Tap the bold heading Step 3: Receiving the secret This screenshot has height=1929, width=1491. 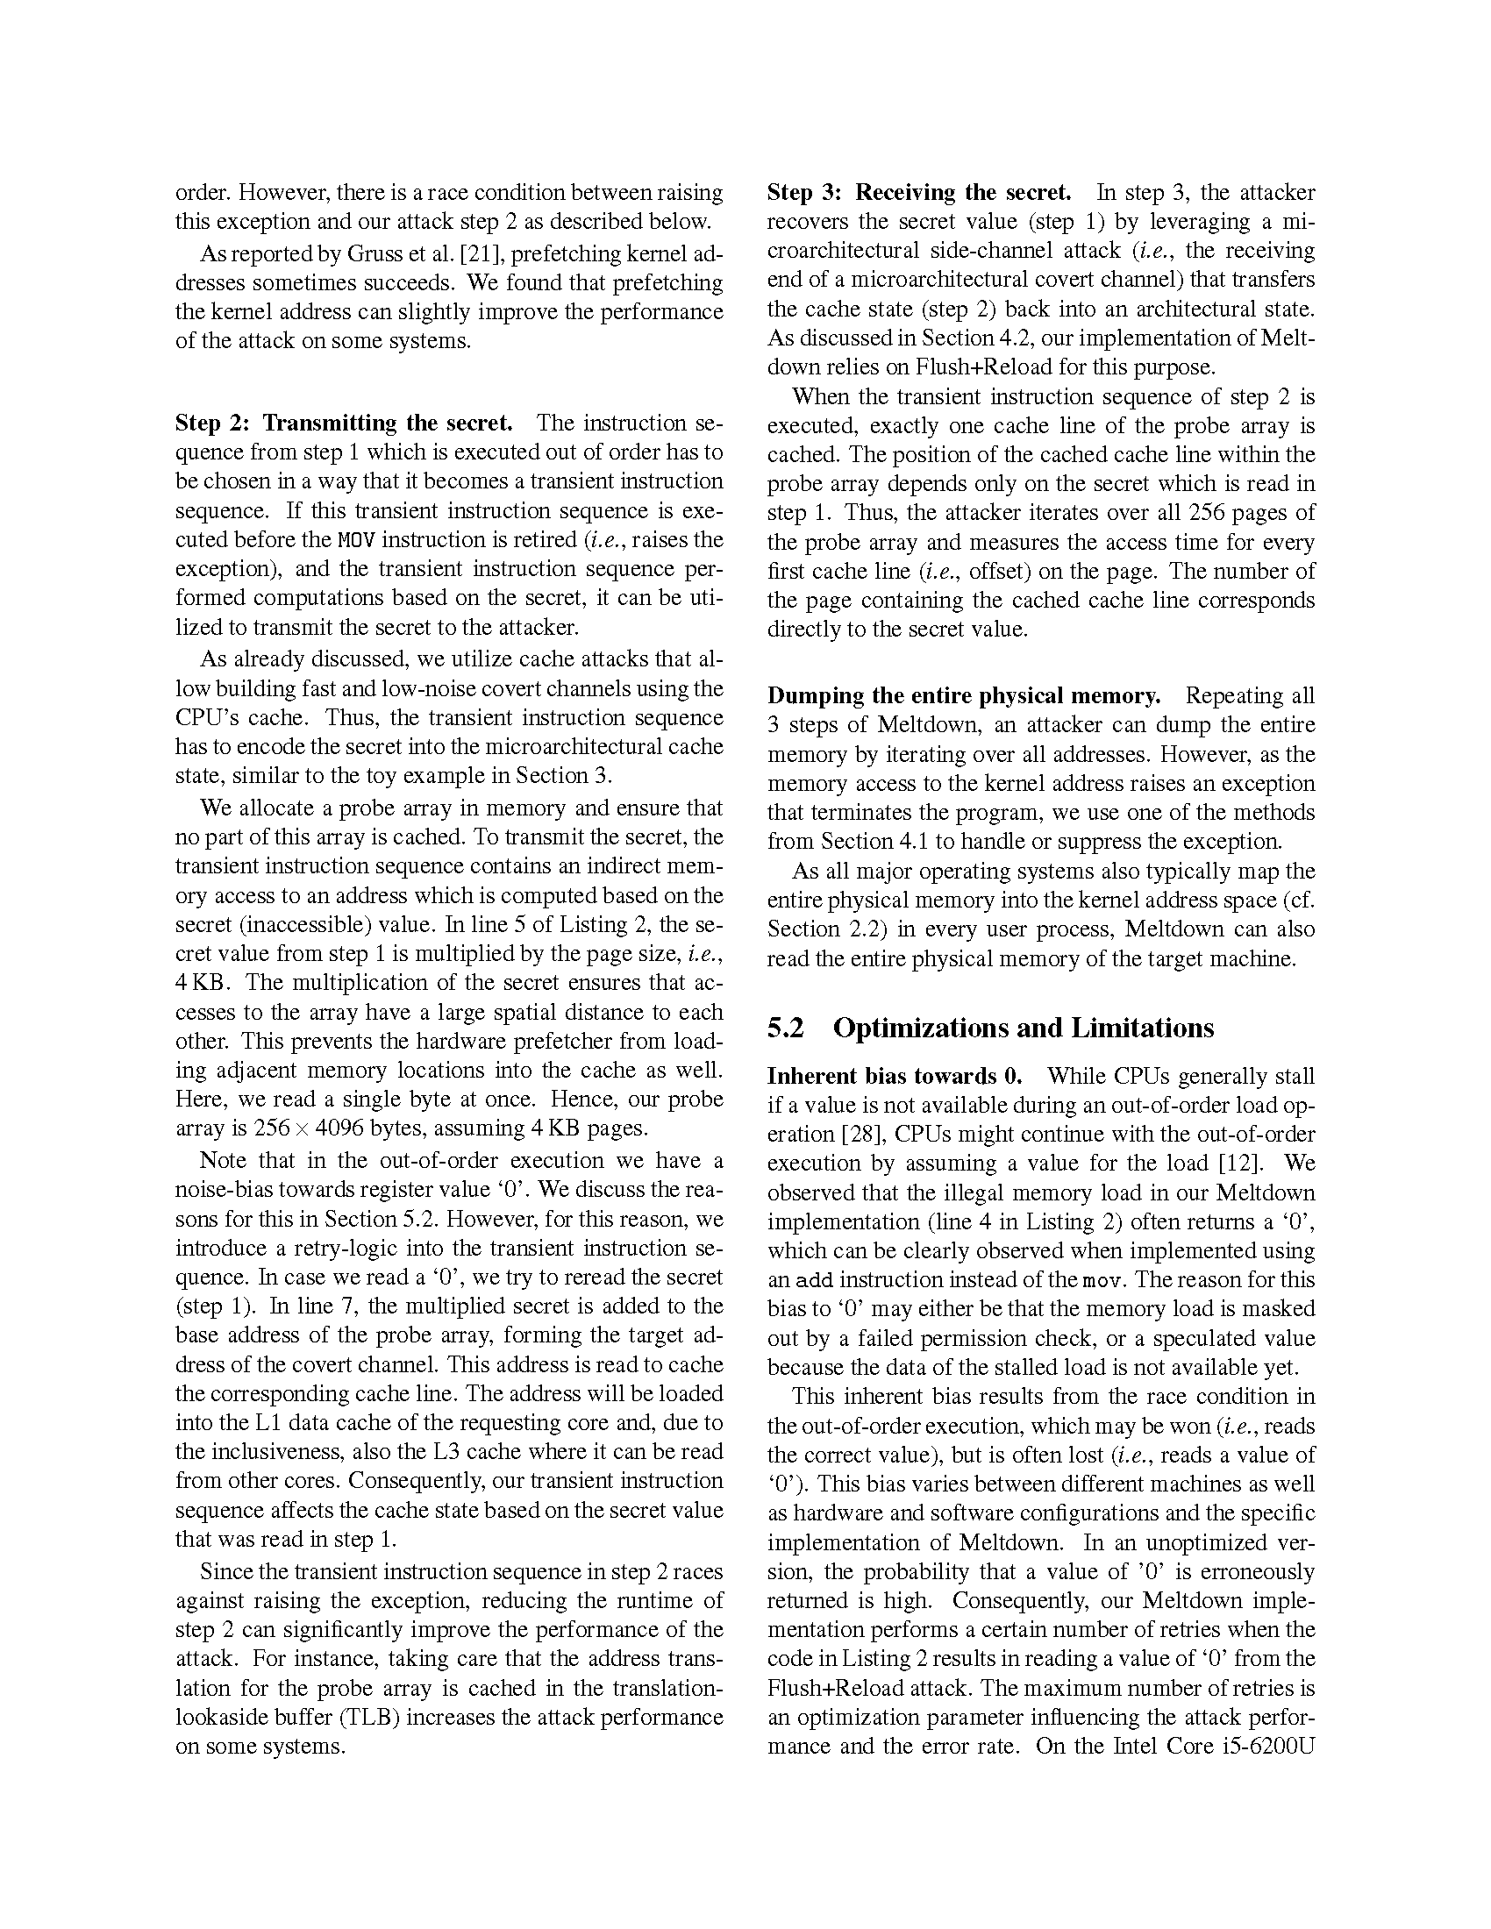click(x=918, y=193)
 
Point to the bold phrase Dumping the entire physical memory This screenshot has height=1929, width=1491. click(x=964, y=696)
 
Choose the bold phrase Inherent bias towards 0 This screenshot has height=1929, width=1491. click(x=895, y=1076)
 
